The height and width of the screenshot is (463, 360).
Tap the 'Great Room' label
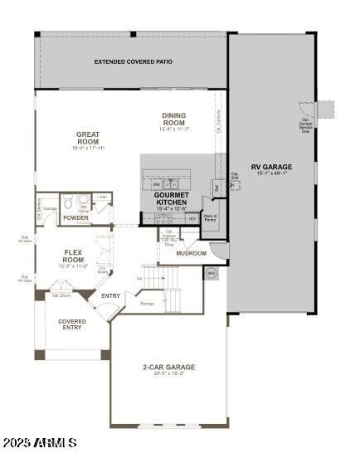[88, 137]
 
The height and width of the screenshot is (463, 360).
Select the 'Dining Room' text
[174, 119]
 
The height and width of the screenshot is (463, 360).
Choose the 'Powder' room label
[75, 218]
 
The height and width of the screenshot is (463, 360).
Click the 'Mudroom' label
[191, 253]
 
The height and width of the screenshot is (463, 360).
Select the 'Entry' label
[110, 295]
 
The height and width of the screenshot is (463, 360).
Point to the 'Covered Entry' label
[71, 324]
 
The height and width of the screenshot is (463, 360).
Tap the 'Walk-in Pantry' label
[210, 218]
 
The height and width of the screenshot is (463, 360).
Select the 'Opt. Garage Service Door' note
[305, 125]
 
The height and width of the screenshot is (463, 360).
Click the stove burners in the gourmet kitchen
[163, 218]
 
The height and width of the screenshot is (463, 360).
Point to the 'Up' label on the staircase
[139, 278]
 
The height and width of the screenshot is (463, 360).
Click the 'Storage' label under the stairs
[147, 304]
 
